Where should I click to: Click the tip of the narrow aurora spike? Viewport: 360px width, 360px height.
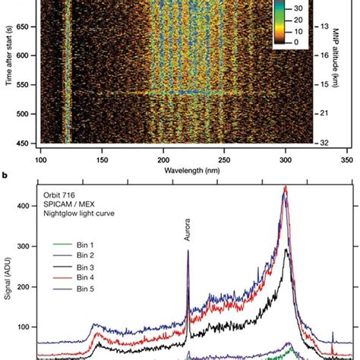click(x=188, y=272)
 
